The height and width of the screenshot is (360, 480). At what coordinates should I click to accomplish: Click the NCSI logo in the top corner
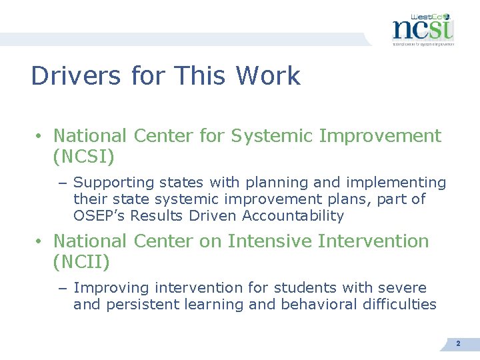tap(422, 29)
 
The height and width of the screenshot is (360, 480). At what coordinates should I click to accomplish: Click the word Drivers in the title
tap(75, 76)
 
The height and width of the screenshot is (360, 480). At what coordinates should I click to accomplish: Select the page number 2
tap(458, 343)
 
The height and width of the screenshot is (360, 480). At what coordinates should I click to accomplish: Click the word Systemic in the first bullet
tap(272, 136)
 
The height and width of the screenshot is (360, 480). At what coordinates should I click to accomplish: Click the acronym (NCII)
tap(81, 263)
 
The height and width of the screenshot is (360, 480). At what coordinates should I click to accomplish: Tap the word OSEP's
tap(99, 216)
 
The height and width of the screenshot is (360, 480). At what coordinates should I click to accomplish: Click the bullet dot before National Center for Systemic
tap(40, 137)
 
